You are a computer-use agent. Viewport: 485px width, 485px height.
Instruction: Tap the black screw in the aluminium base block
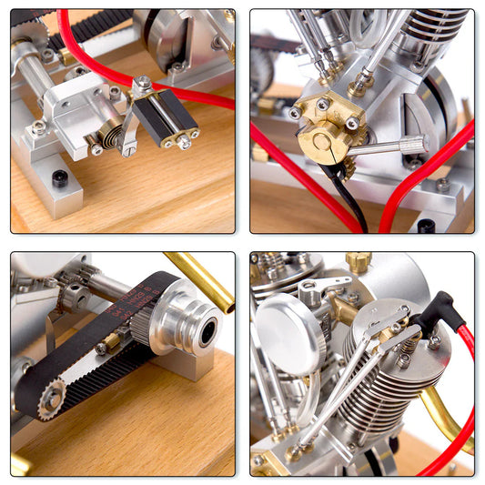60,178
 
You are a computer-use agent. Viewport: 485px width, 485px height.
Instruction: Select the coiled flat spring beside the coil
109,139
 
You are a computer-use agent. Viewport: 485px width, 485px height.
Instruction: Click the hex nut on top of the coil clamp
144,84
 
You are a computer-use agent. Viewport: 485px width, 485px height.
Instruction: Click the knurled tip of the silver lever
415,143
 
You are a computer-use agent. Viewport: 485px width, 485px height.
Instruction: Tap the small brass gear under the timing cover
350,169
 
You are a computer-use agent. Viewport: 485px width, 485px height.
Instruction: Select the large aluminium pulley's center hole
208,331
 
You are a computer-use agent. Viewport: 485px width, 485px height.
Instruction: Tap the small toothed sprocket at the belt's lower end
51,399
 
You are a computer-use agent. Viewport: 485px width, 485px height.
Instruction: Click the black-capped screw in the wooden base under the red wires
426,225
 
